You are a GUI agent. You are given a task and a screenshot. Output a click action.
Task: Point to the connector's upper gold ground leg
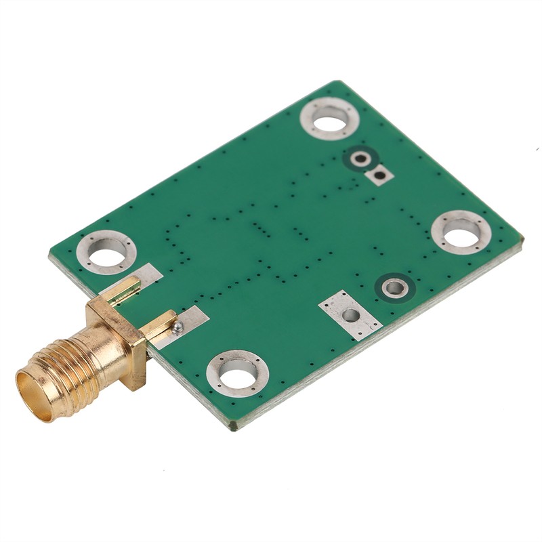tap(122, 289)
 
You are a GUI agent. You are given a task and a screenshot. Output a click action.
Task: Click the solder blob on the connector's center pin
tap(178, 327)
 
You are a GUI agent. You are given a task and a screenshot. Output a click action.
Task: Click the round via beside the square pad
tap(360, 159)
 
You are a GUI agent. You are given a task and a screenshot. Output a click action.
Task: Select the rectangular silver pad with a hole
tap(350, 314)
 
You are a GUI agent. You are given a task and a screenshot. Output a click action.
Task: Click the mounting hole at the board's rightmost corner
tap(461, 232)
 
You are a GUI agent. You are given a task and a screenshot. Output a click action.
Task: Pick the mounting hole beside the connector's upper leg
tap(106, 252)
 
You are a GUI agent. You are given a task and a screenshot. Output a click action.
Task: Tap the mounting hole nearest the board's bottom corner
tap(237, 373)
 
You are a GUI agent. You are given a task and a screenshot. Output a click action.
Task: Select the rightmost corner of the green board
tap(522, 238)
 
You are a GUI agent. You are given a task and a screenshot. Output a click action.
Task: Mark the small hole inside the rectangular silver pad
tap(350, 315)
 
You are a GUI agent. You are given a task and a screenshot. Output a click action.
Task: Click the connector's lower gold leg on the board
tap(160, 325)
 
